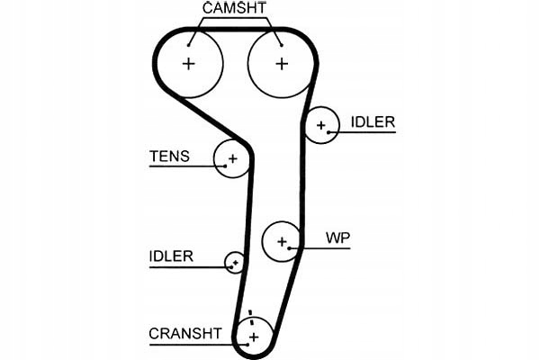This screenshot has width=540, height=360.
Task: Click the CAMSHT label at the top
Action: [234, 8]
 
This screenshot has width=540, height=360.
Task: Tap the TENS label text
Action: [169, 157]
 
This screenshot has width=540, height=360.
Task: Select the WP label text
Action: [337, 238]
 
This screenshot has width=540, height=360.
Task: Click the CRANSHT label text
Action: [185, 334]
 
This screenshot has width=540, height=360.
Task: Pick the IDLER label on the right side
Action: [373, 122]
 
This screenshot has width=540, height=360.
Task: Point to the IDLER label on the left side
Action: [171, 256]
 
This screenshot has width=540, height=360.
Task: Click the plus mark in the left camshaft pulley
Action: [188, 64]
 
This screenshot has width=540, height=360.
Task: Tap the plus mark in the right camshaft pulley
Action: [282, 64]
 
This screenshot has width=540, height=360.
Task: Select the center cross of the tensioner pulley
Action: [233, 158]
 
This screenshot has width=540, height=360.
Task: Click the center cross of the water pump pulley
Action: [282, 242]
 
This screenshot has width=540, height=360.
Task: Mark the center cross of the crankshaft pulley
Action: [254, 337]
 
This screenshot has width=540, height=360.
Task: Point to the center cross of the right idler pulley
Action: [321, 125]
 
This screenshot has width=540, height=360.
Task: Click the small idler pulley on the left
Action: [235, 263]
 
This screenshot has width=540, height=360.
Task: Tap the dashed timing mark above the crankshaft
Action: [251, 318]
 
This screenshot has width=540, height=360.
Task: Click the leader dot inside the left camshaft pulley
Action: [189, 45]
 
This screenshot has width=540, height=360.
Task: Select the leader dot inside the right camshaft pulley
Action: [282, 45]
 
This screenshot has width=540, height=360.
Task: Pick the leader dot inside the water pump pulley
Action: [290, 248]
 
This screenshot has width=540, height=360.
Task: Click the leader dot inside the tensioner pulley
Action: [225, 166]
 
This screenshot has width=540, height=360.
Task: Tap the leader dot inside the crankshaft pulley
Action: [247, 344]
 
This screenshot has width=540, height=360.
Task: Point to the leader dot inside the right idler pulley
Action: [328, 132]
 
